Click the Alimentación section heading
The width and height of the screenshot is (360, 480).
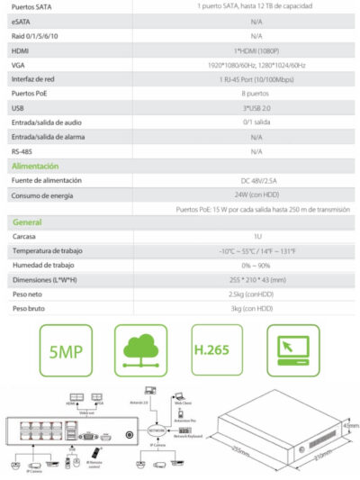click(35, 166)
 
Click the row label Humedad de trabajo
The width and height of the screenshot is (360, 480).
click(42, 266)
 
